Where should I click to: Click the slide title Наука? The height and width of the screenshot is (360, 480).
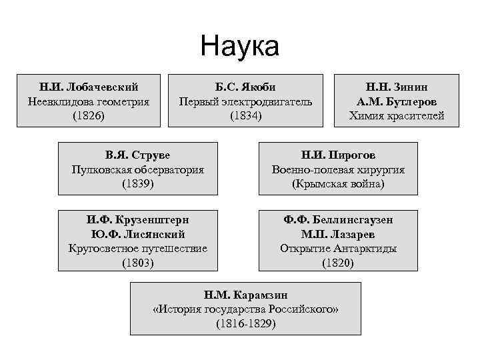coord(239,47)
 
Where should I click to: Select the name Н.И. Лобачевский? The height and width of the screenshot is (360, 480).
coord(89,87)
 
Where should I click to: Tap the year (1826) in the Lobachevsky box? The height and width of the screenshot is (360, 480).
coord(89,116)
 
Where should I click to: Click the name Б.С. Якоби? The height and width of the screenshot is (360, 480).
coord(245,87)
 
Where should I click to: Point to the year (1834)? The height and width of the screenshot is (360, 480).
coord(245,116)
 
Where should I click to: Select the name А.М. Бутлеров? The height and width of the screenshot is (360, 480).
coord(397,101)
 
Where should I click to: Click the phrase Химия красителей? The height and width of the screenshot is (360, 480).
coord(397,116)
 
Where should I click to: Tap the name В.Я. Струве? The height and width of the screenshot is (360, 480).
coord(138,155)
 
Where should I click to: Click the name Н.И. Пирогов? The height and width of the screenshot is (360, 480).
coord(338,155)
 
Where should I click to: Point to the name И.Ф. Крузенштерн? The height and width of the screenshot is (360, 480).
coord(138,219)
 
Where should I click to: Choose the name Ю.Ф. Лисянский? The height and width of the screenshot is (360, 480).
coord(138,233)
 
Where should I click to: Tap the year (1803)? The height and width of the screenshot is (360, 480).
coord(138,263)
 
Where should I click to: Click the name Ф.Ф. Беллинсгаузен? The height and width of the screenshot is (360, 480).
coord(338,219)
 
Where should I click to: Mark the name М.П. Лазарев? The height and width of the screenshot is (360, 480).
coord(338,233)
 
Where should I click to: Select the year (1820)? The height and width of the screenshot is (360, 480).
coord(338,263)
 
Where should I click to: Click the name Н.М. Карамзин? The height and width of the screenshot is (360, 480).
coord(245,295)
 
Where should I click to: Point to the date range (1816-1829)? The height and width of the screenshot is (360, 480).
coord(245,324)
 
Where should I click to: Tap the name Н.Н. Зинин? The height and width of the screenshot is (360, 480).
coord(397,87)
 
